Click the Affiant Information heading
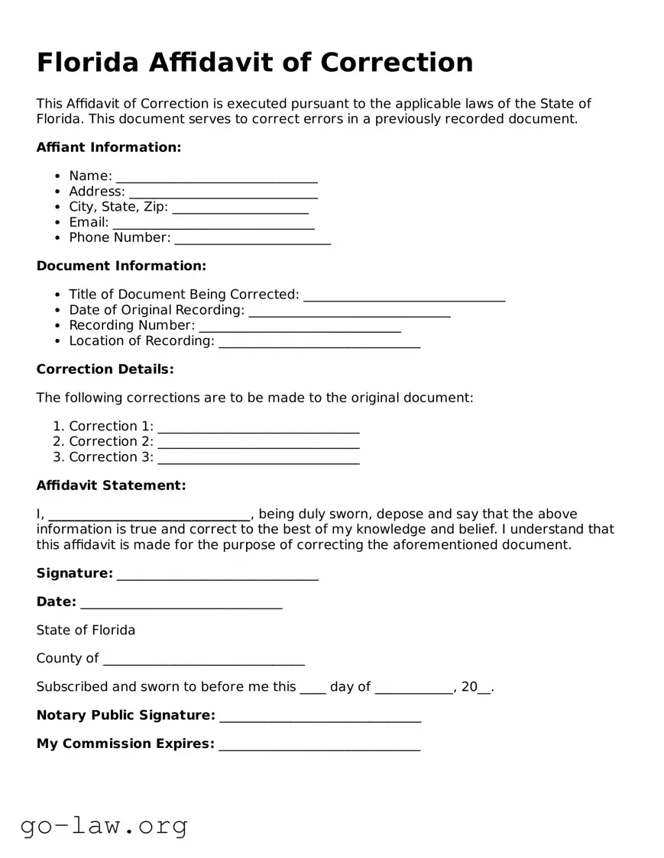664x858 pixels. tap(109, 147)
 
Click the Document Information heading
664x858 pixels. tap(121, 266)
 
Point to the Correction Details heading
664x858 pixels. tap(105, 369)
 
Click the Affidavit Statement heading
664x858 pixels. tap(111, 485)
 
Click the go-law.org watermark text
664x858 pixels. tap(104, 825)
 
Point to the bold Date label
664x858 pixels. tap(56, 602)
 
